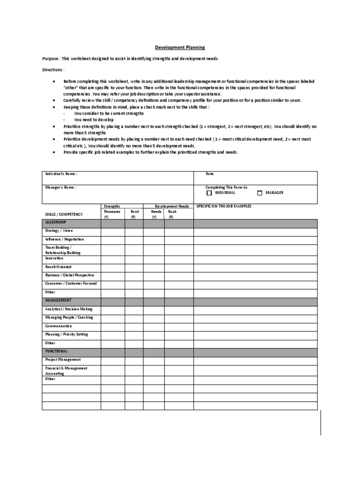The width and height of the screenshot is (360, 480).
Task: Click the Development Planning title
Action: pos(180,47)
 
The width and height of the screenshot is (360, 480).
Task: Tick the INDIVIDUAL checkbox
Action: pos(209,193)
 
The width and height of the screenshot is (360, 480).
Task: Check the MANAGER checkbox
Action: pos(260,193)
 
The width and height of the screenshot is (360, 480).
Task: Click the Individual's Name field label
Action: pos(61,173)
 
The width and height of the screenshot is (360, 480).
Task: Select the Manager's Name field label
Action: pos(60,187)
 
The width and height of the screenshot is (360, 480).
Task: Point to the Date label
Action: pos(210,173)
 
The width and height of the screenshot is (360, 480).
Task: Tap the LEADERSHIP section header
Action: pos(56,222)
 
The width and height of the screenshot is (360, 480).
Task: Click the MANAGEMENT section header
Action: pos(58,300)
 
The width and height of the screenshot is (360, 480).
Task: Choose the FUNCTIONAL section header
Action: pos(56,351)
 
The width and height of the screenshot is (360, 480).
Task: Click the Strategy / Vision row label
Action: pos(59,231)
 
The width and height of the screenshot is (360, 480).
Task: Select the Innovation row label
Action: pos(54,258)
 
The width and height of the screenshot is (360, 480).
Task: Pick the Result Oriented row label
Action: pos(58,267)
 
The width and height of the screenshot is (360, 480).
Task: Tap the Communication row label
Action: pos(59,326)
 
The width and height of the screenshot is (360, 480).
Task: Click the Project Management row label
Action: pos(63,360)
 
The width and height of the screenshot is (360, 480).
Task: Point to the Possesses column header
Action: pos(112,211)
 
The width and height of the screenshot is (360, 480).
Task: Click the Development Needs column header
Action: pos(172,206)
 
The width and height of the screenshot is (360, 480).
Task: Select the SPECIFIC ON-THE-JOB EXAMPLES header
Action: pos(224,206)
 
